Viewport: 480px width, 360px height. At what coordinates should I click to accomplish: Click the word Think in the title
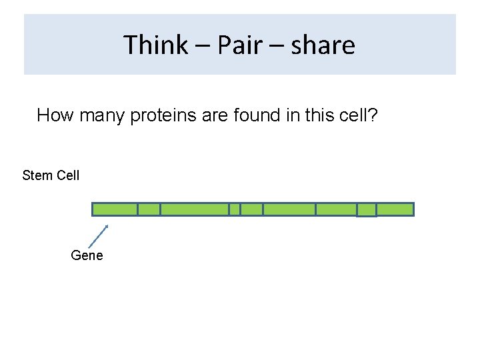(x=156, y=45)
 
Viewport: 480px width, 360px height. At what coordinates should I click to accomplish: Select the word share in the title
(x=323, y=45)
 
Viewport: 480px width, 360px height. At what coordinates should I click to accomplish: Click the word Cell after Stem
(x=67, y=175)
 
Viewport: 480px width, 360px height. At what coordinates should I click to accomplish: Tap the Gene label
(x=87, y=255)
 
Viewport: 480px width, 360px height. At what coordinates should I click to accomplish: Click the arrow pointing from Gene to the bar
(x=98, y=237)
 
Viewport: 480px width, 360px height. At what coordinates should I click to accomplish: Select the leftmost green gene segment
(x=115, y=209)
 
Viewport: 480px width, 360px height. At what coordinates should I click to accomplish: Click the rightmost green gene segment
(x=395, y=209)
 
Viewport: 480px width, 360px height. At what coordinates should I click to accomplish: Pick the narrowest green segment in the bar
(x=234, y=209)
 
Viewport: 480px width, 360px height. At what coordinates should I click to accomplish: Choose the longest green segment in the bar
(x=194, y=209)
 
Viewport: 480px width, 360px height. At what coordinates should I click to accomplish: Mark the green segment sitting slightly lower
(x=367, y=211)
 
